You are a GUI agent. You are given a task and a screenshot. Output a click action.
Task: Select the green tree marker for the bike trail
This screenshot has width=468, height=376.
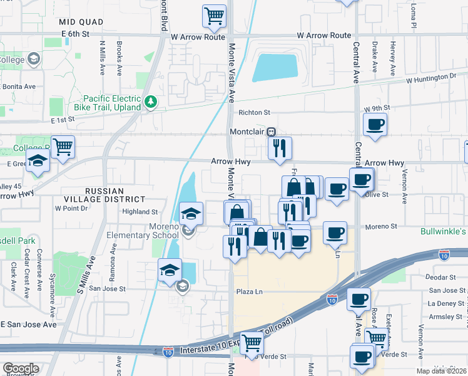tap(150, 102)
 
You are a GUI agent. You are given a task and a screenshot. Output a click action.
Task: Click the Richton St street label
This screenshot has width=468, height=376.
tap(253, 113)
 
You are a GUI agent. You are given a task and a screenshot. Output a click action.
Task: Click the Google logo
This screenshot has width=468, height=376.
tap(21, 368)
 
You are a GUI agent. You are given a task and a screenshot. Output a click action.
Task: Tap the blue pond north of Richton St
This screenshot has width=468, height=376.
tap(275, 68)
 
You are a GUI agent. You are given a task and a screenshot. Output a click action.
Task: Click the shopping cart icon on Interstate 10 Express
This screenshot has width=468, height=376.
tap(251, 343)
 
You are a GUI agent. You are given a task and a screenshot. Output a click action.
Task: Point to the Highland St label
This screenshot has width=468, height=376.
tap(140, 212)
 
